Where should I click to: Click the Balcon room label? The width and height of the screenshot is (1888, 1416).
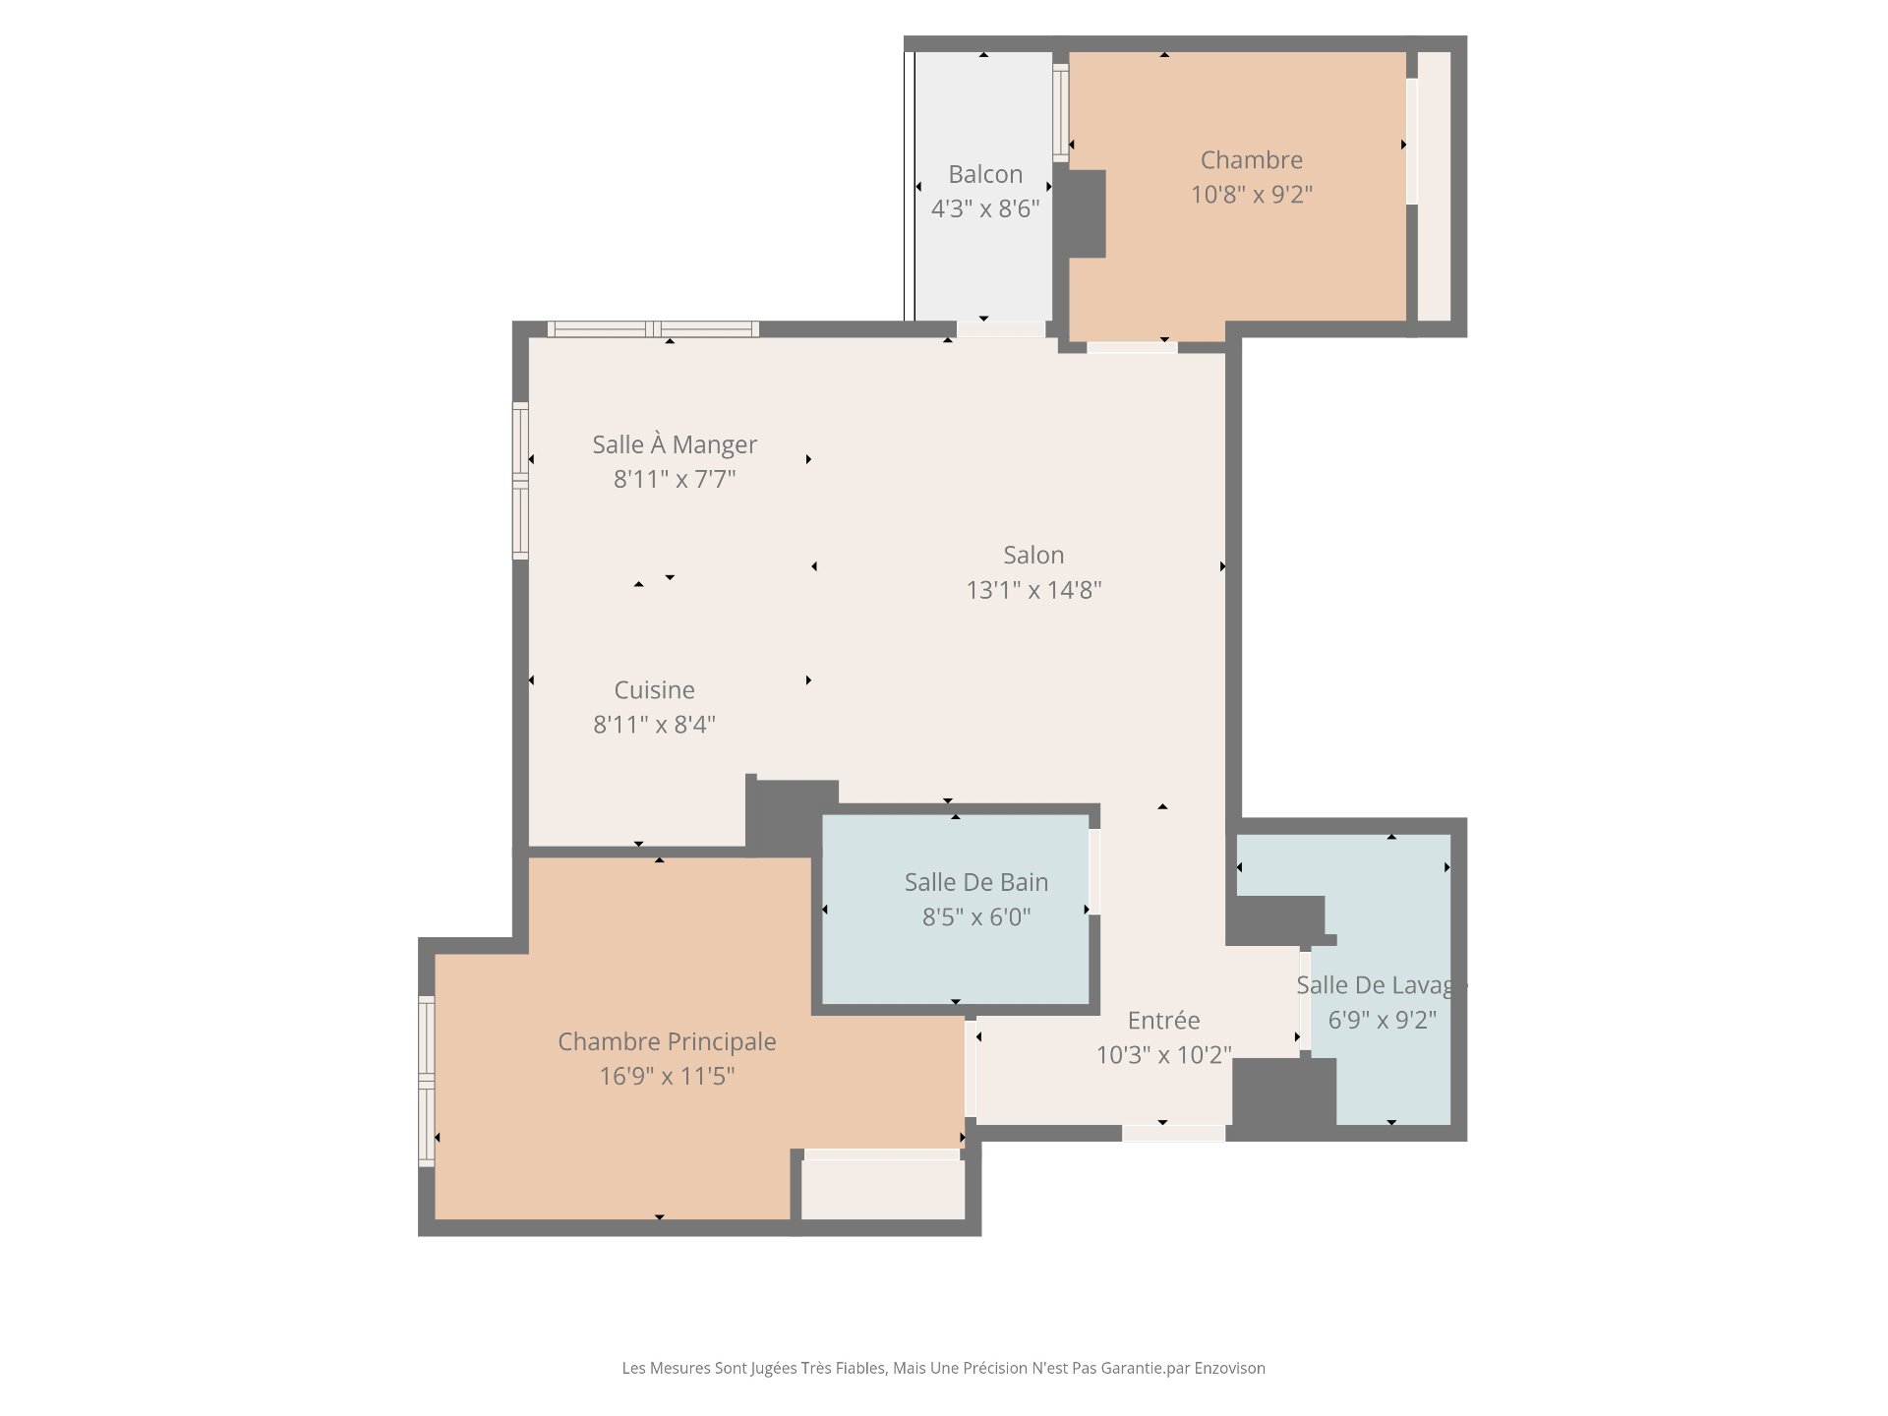coord(985,174)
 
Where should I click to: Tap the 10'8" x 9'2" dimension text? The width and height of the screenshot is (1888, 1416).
coord(1252,194)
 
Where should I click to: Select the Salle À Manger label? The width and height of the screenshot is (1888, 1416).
coord(675,443)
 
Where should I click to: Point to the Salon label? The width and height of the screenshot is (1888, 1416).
coord(1033,555)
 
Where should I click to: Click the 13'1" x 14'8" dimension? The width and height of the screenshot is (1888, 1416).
coord(1033,589)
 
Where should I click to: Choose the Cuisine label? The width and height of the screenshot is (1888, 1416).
coord(654,689)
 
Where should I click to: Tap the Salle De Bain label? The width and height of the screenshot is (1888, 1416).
coord(976,882)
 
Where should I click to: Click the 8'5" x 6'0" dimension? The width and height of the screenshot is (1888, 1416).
coord(976,916)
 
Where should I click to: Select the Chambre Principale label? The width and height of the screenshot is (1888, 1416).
coord(667,1041)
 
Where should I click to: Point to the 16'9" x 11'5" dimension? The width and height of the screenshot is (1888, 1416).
coord(667,1076)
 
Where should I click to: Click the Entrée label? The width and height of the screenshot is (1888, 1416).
coord(1163,1020)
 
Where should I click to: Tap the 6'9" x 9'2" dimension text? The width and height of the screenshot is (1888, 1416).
coord(1383,1020)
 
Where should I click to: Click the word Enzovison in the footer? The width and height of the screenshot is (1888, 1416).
coord(1229,1368)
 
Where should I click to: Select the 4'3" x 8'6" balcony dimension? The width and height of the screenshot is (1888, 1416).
coord(985,208)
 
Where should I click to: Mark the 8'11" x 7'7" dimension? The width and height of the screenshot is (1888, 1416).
coord(675,479)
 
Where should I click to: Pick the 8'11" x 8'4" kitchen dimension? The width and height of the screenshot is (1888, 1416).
coord(654,724)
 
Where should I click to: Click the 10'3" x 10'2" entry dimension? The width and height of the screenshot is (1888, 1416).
coord(1163,1054)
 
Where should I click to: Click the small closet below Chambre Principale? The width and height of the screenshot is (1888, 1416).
coord(883,1190)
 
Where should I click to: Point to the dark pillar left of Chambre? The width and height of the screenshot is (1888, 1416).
coord(1087,213)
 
